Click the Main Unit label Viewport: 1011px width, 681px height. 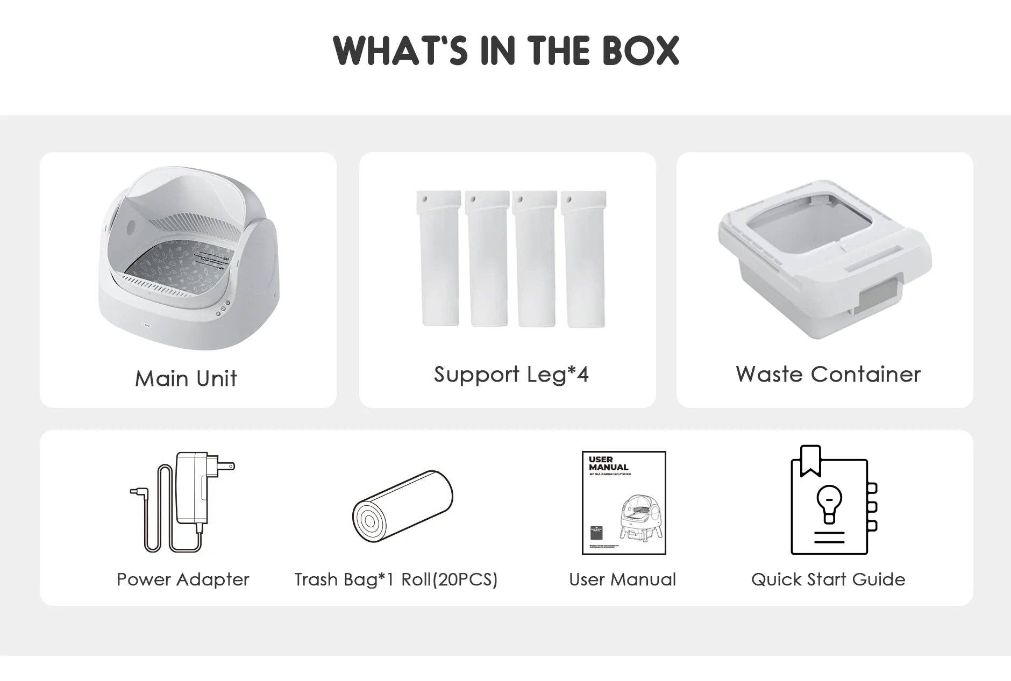tap(186, 378)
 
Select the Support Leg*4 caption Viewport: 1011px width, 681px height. tap(511, 374)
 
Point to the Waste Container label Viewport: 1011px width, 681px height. tap(828, 374)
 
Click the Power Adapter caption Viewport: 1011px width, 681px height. tap(183, 579)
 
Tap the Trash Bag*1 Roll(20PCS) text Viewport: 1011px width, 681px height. tap(396, 579)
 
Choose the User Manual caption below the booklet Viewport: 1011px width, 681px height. tap(622, 579)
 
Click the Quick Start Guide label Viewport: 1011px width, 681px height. tap(828, 579)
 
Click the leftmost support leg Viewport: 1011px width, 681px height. tap(439, 258)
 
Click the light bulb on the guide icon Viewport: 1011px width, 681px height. tap(829, 503)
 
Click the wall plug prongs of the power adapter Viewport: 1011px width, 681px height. tap(224, 465)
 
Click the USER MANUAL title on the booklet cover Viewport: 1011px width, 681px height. tap(608, 463)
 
